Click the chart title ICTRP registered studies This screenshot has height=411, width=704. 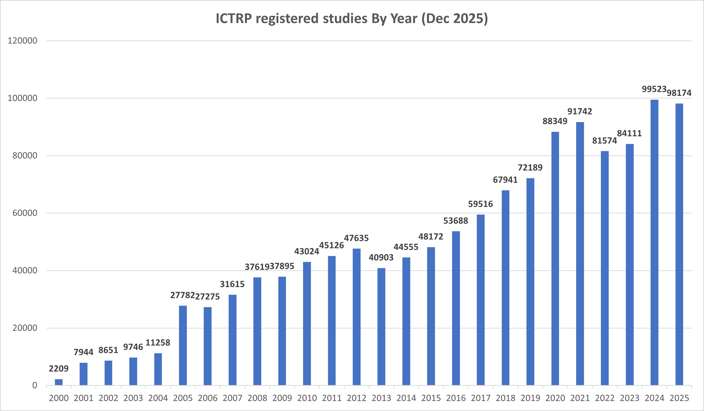point(352,19)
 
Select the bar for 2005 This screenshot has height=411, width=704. point(183,345)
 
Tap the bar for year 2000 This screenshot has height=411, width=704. point(59,382)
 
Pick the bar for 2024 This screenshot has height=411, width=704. point(654,242)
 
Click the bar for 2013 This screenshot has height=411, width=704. point(381,327)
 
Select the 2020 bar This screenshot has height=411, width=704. point(555,258)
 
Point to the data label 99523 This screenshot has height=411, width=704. point(654,89)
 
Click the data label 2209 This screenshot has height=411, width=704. point(59,368)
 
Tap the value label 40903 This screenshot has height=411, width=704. point(381,257)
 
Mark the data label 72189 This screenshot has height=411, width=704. point(530,167)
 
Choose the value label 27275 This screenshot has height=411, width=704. point(207,296)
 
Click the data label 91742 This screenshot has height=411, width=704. point(580,112)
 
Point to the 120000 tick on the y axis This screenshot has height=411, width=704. point(22,41)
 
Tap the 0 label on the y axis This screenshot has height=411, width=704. point(35,386)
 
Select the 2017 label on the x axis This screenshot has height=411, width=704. point(481,398)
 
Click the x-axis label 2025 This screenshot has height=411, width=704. point(679,398)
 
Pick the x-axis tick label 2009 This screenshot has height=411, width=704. point(282,398)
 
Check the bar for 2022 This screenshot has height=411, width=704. point(605,268)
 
